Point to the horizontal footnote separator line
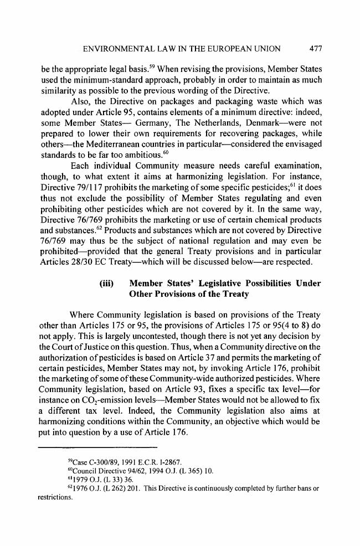tap(100, 431)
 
